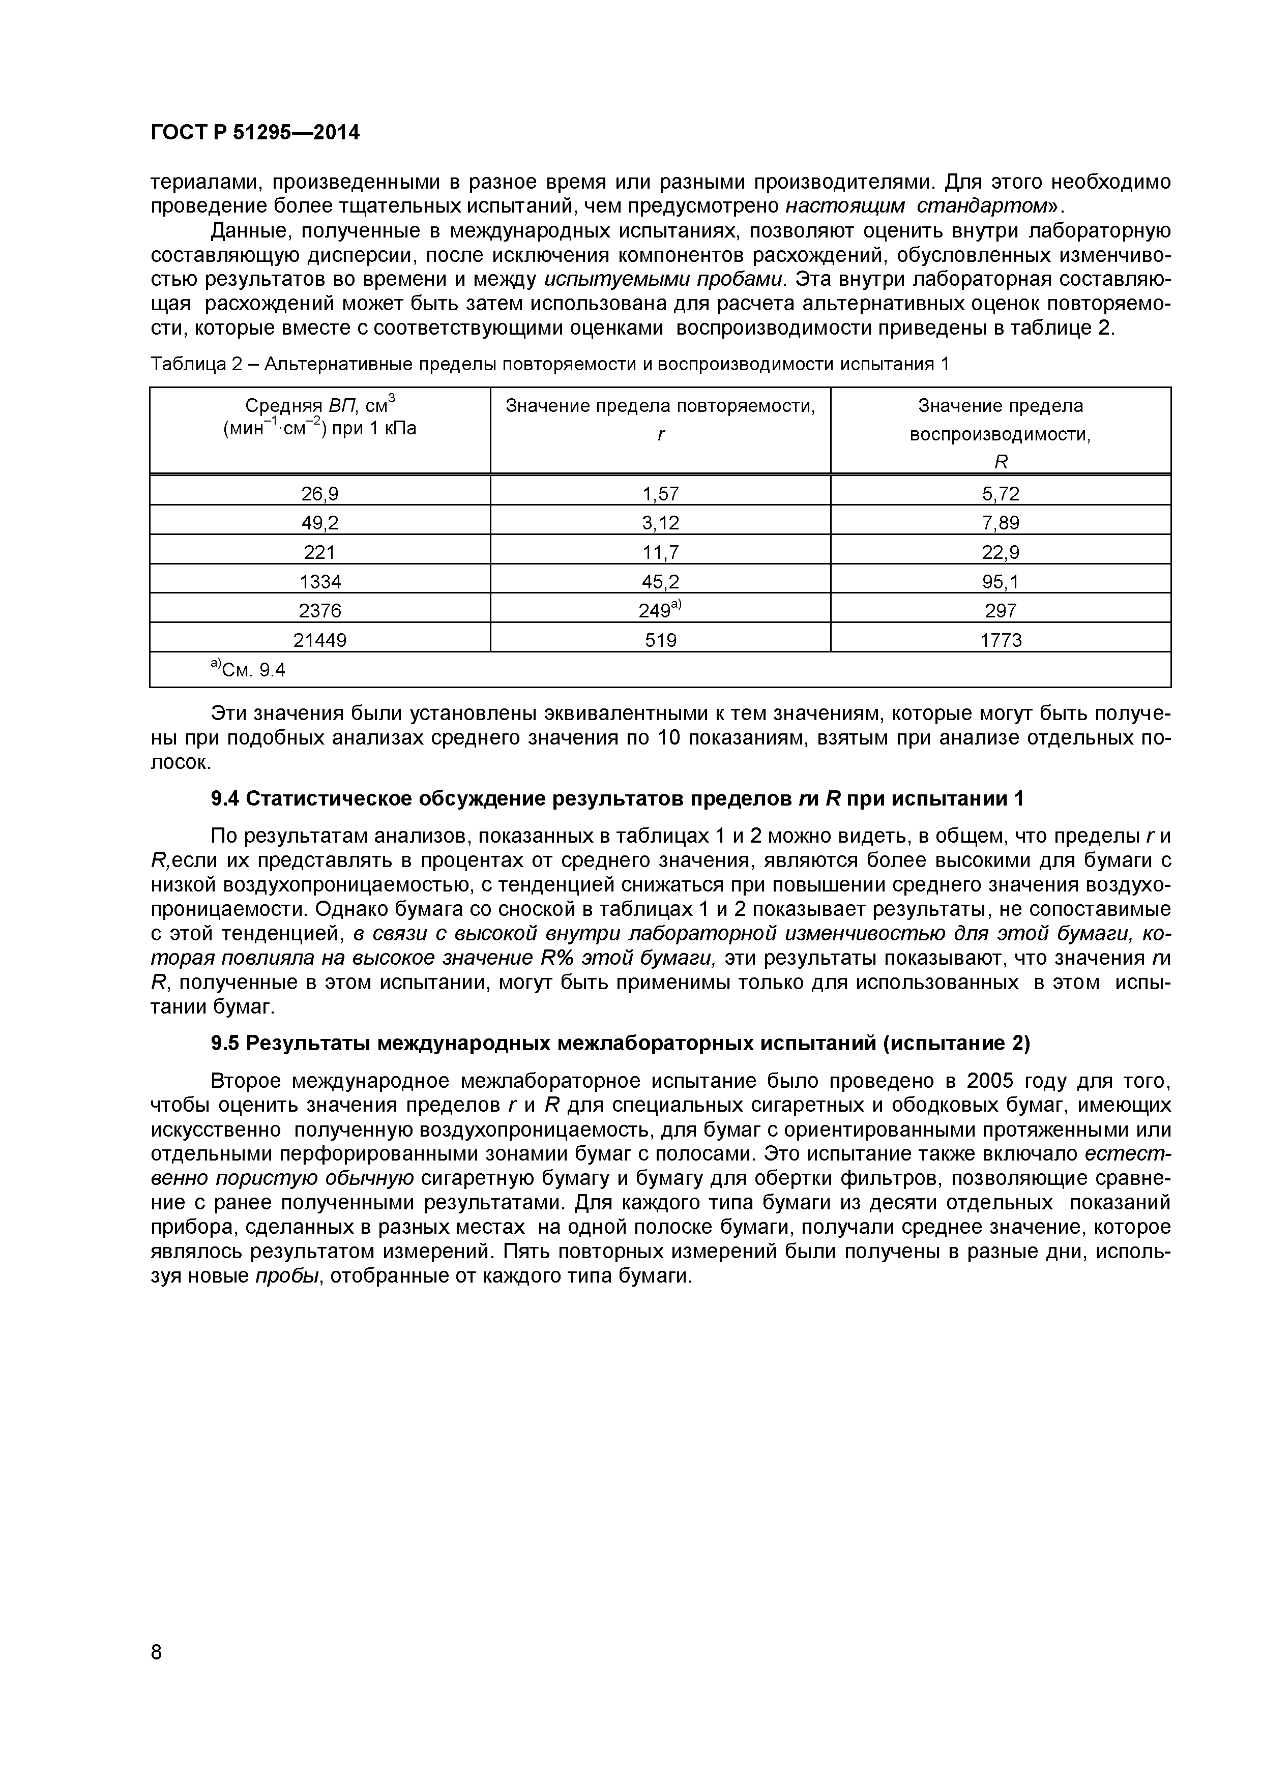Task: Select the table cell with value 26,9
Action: (x=319, y=493)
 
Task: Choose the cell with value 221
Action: (x=319, y=552)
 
